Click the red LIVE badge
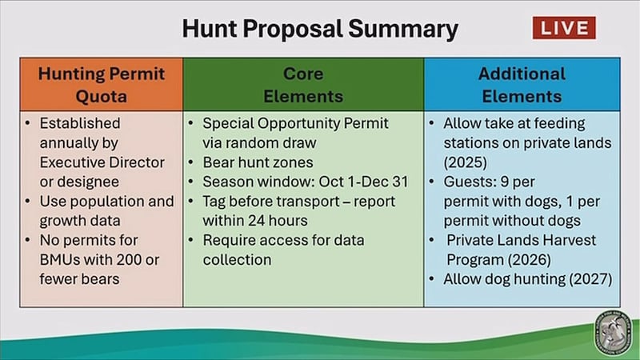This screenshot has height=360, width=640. pos(564,28)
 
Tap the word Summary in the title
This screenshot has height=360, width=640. pos(403,30)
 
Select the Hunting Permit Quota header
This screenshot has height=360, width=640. pos(102,85)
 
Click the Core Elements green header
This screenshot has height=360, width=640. pos(303,85)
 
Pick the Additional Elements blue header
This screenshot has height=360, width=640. pos(522,85)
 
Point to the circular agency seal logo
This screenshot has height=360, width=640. pos(613,333)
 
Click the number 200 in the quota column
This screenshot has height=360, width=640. pos(130,259)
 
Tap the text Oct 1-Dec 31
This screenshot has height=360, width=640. pos(363,182)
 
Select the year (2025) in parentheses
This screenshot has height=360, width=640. pos(466,162)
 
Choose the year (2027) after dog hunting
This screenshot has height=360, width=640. pos(590,279)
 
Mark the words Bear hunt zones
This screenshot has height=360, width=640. pos(258,162)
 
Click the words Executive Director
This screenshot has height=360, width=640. pos(102,162)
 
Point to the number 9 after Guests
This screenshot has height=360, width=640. pos(505,182)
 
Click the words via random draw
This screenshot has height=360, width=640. pos(259,143)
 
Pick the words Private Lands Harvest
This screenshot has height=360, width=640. pos(522,240)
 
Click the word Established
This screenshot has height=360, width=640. pos(80,123)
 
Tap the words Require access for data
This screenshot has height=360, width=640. pos(283,240)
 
